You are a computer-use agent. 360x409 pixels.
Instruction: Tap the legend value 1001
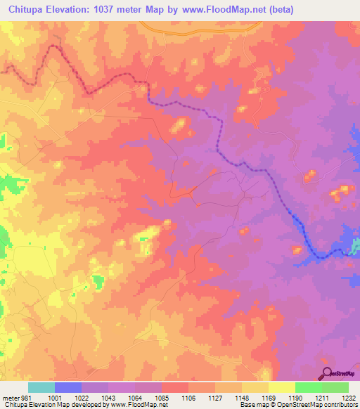point(55,398)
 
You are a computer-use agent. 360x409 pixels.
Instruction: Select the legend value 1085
point(161,398)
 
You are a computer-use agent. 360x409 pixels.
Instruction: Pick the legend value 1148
point(241,398)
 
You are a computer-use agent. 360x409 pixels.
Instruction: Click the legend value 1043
point(108,398)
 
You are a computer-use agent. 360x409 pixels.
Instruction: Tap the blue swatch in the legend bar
point(68,387)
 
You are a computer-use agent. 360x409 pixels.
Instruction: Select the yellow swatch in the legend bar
point(281,387)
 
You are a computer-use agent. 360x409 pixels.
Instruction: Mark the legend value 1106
point(188,398)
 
